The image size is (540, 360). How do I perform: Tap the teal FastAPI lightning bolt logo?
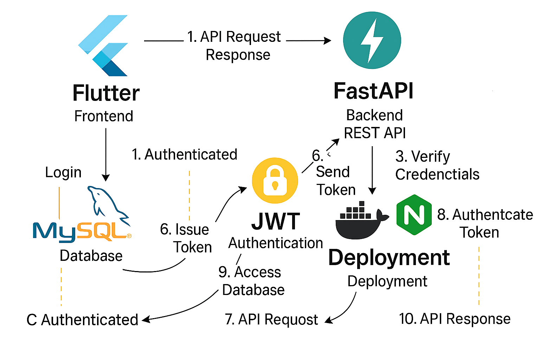pos(372,40)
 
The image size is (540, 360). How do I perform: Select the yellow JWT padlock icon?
pos(275,180)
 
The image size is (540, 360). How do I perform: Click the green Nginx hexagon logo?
pos(414,214)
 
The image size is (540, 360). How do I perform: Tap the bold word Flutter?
pos(106,93)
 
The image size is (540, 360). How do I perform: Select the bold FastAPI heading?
pos(373,91)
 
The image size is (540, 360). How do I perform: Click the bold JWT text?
pos(276,221)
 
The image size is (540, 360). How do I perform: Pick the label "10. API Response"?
pos(455,319)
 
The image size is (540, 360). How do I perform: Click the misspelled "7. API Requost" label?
pos(271,320)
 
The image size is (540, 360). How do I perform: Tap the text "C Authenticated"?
pos(82,320)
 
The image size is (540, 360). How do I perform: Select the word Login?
pos(63,172)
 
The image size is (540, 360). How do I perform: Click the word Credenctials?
pos(437,174)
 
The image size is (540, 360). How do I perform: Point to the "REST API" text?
pos(375,133)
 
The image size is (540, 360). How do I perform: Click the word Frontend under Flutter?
pos(104,116)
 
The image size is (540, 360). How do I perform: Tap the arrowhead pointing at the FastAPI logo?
pos(327,41)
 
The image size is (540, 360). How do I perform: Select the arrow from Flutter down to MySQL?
pos(105,155)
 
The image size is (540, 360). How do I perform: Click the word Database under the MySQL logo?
pos(91,256)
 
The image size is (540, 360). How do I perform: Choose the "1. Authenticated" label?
pos(185,155)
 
